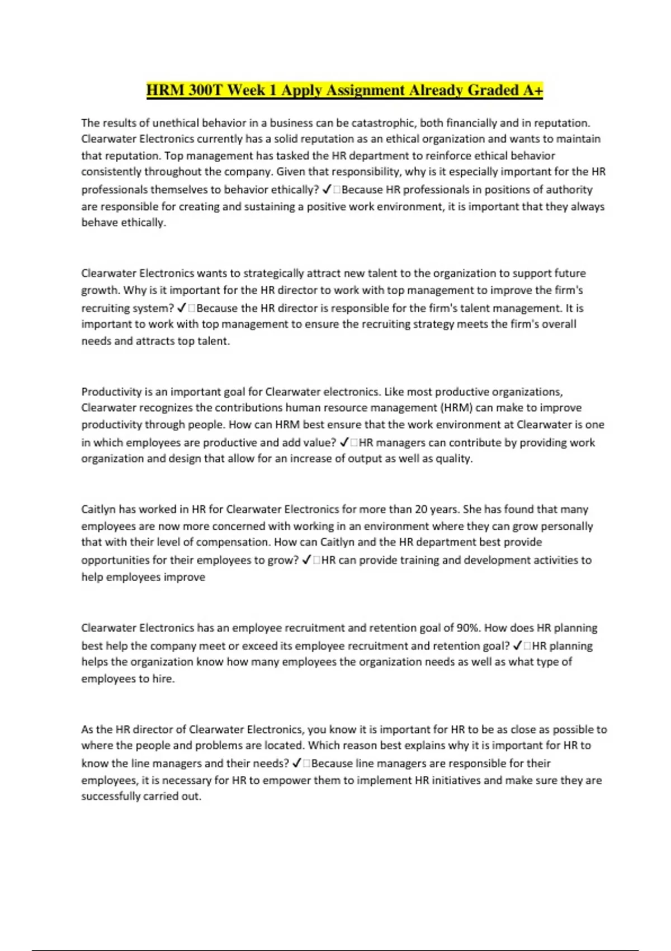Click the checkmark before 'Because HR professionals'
[327, 190]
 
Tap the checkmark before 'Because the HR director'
[182, 308]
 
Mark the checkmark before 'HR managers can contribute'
[344, 442]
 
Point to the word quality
[453, 459]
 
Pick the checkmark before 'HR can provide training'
[307, 560]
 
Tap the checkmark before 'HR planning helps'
[518, 646]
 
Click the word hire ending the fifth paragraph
[163, 679]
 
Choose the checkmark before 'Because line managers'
[297, 764]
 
